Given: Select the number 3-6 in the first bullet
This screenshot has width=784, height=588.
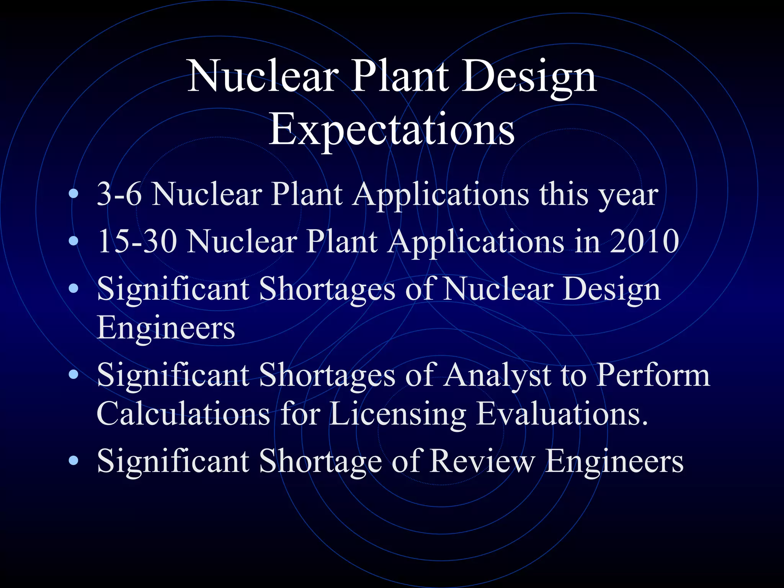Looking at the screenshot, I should pos(119,194).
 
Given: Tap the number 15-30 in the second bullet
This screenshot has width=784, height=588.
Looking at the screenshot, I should pos(137,242).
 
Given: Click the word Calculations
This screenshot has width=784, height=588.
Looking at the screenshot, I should pos(183,414).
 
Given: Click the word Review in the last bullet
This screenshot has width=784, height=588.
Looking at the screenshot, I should pos(482,461).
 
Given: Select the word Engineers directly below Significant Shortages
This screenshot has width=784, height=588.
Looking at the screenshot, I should pos(166,328).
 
